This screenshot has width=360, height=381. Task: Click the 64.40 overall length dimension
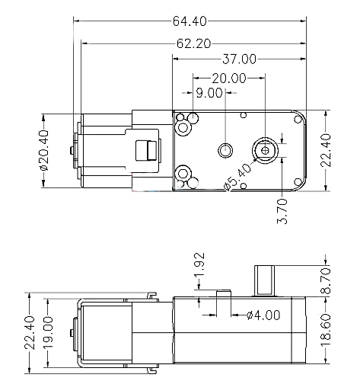[190, 21]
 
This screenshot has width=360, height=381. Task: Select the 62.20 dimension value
[193, 43]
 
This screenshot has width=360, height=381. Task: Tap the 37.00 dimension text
[240, 59]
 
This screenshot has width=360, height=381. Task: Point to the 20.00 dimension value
[229, 78]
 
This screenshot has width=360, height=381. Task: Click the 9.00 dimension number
[209, 93]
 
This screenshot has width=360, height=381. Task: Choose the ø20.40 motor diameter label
[43, 150]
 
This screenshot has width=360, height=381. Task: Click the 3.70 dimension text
[282, 211]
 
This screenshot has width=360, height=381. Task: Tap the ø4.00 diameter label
[263, 315]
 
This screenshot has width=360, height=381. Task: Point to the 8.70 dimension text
[326, 281]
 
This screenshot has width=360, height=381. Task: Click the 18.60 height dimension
[326, 330]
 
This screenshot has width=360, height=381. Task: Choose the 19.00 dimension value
[48, 333]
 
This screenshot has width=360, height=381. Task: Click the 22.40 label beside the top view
[326, 150]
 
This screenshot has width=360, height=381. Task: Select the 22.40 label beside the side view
[30, 333]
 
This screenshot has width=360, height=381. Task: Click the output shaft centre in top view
[265, 151]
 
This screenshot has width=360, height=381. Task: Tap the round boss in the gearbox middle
[225, 150]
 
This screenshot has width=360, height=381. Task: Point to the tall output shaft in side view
[265, 281]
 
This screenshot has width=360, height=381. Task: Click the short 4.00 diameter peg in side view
[224, 293]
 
